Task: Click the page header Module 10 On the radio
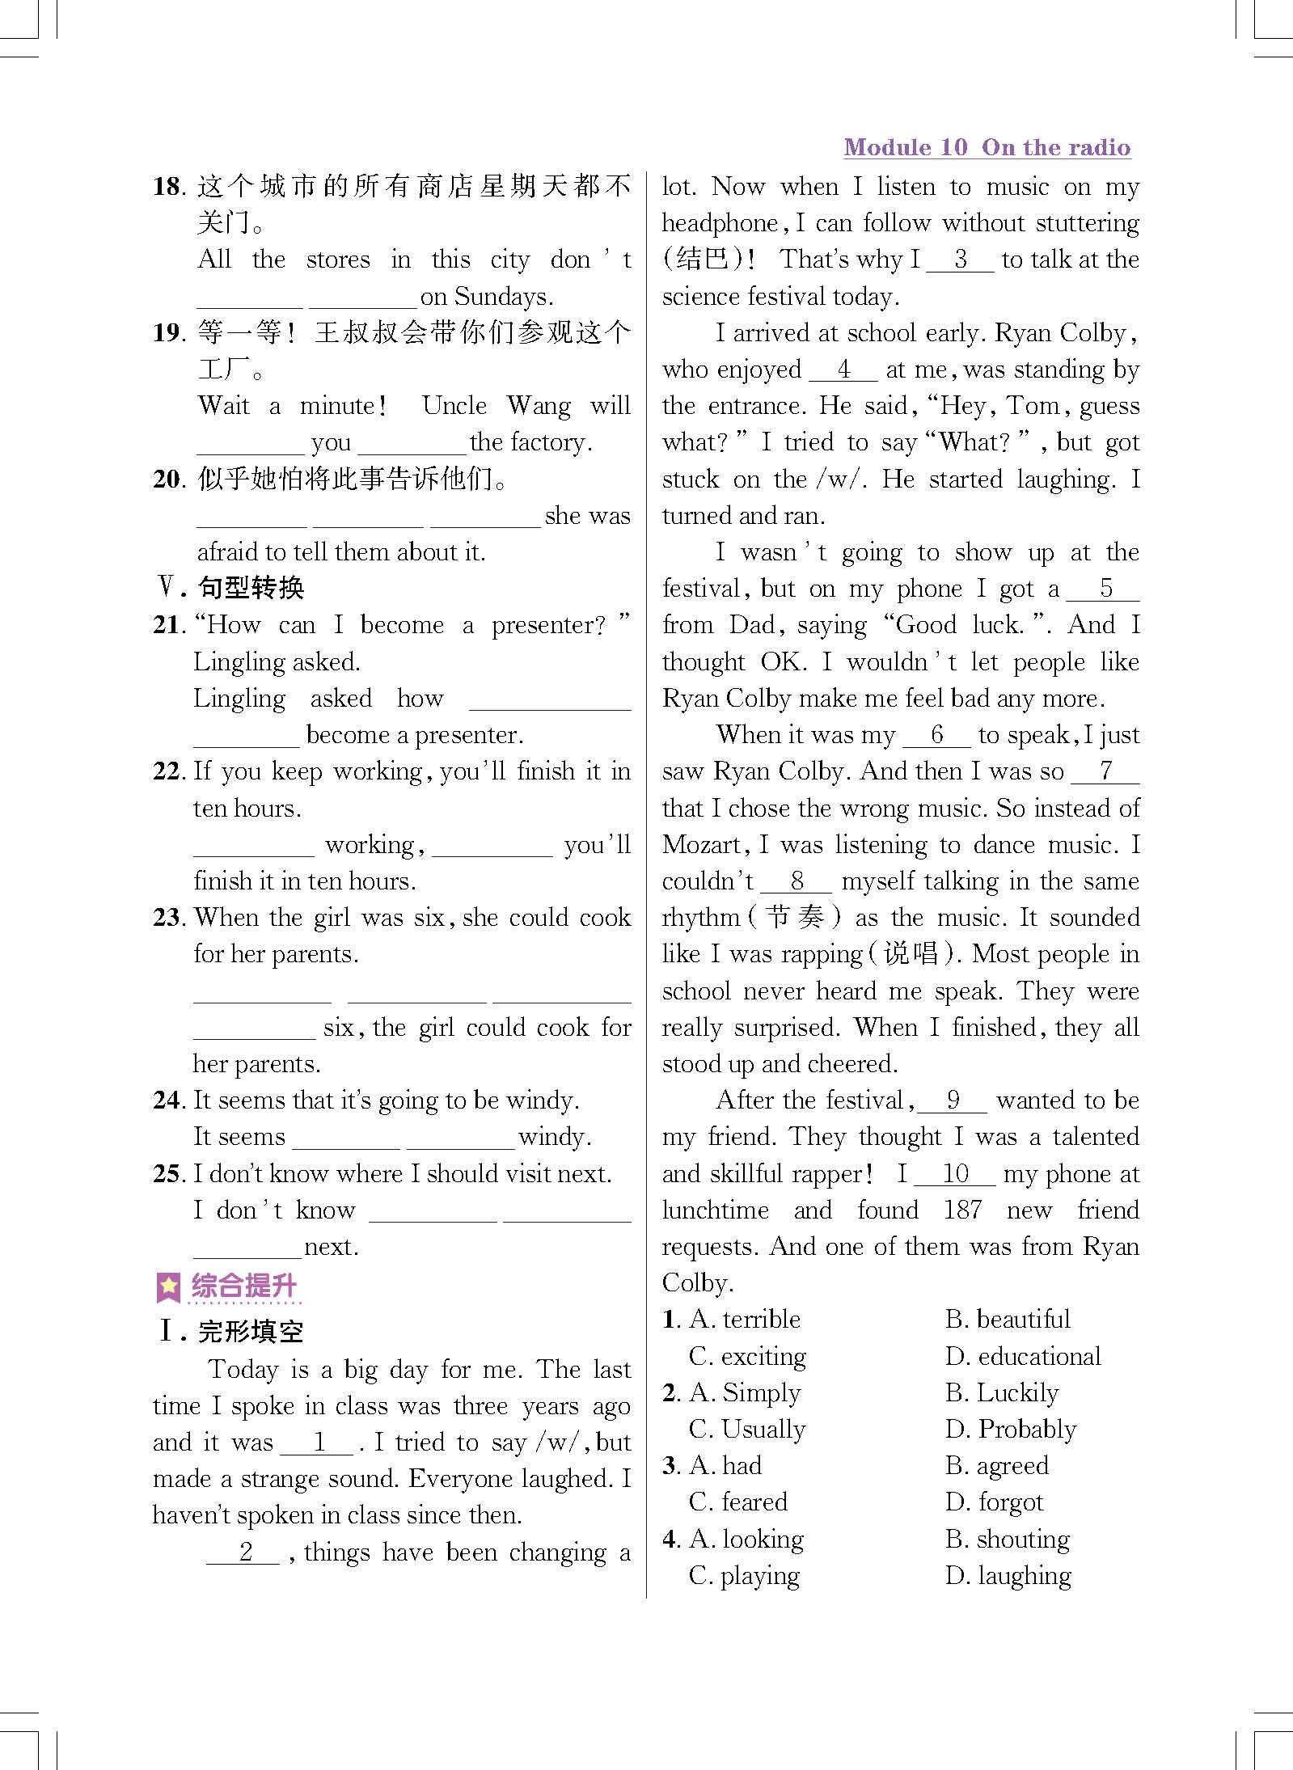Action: tap(987, 147)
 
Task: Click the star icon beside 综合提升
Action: tap(168, 1287)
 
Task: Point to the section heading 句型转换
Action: tap(251, 588)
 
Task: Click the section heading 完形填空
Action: tap(251, 1332)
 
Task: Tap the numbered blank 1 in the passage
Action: tap(320, 1443)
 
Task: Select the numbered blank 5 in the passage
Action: tap(1105, 589)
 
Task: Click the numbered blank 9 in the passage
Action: tap(953, 1100)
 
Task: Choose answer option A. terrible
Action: tap(744, 1320)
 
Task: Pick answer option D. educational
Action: tap(1023, 1356)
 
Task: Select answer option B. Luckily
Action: tap(1002, 1392)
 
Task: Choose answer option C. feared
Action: tap(737, 1502)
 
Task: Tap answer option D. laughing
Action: tap(1008, 1575)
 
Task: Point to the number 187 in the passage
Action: tap(962, 1210)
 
